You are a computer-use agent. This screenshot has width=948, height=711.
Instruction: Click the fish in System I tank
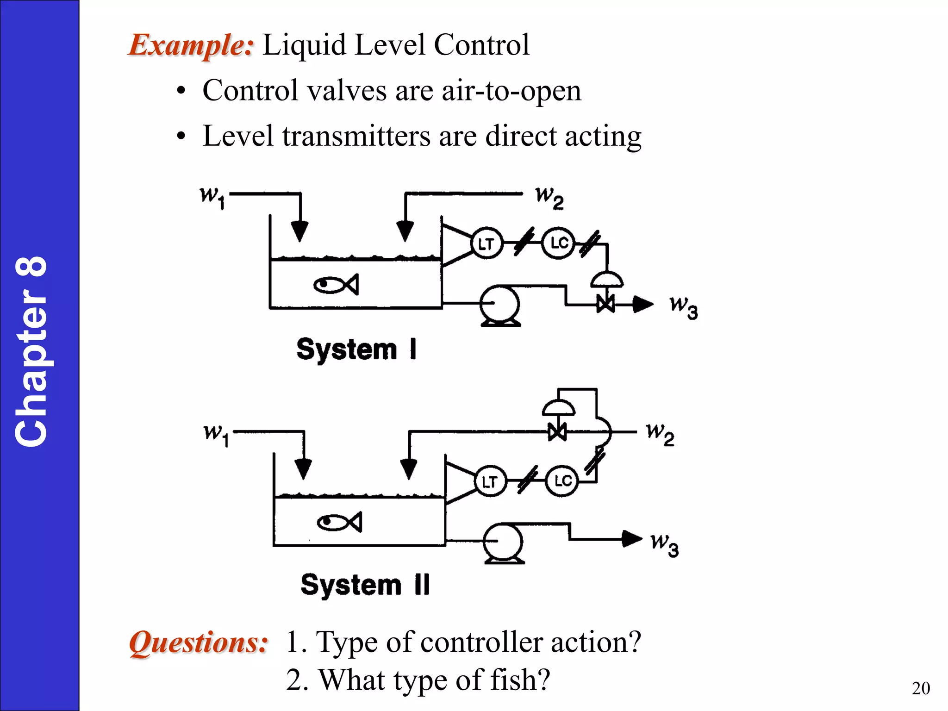(336, 284)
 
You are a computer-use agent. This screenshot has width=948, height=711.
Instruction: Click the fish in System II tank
(339, 523)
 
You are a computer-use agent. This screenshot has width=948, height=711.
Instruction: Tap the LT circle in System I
(486, 243)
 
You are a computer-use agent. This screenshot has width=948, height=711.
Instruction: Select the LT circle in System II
(490, 481)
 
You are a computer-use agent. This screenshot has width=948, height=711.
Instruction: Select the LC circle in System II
(562, 480)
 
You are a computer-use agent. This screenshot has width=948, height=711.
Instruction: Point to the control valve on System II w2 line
(557, 432)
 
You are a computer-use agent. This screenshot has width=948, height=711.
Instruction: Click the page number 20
(920, 688)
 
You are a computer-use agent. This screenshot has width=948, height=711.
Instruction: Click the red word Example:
(191, 45)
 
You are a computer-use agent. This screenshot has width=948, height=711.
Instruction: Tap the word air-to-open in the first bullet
(511, 91)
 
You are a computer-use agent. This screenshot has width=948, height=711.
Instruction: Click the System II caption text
(365, 585)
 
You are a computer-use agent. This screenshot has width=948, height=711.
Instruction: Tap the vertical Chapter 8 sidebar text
(31, 352)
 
